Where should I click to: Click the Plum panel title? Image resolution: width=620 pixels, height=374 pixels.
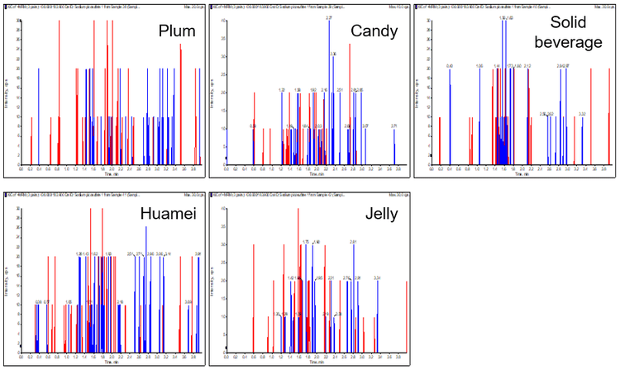tap(177, 32)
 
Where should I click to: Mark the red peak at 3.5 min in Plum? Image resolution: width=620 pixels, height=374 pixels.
tap(181, 99)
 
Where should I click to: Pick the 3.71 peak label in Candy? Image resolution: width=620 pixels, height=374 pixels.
tap(394, 125)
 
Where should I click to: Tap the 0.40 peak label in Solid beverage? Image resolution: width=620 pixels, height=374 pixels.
tap(450, 65)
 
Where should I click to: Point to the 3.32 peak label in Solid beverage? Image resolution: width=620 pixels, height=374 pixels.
tap(583, 114)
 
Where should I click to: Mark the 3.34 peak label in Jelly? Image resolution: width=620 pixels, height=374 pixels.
tap(377, 277)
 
